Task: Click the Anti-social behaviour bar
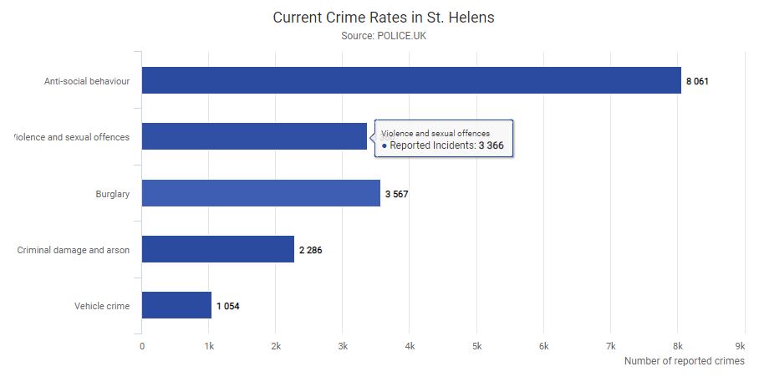tap(411, 80)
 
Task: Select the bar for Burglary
tap(261, 193)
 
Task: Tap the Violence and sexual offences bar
tap(254, 136)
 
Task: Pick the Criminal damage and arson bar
tap(218, 249)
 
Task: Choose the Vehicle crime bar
tap(176, 305)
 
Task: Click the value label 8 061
tap(698, 81)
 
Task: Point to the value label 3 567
tap(396, 194)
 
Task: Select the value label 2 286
tap(311, 250)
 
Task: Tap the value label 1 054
tap(228, 306)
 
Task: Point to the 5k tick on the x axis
tap(476, 345)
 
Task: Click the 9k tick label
tap(739, 345)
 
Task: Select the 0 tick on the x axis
tap(142, 345)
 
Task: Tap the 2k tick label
tap(276, 345)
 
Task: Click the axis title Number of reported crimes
tap(684, 361)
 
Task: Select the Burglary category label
tap(113, 194)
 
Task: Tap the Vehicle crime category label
tap(102, 306)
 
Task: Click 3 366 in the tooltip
tap(491, 145)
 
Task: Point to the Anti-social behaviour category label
tap(87, 81)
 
